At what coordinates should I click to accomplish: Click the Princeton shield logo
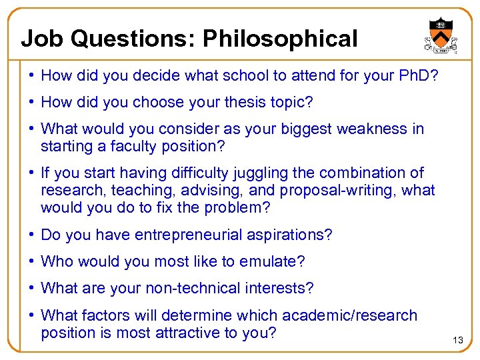(440, 34)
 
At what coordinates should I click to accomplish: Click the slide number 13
(458, 341)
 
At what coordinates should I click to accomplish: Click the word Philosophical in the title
(280, 39)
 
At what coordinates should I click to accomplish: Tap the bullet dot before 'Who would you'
(31, 261)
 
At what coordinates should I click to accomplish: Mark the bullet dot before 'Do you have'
(31, 235)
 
